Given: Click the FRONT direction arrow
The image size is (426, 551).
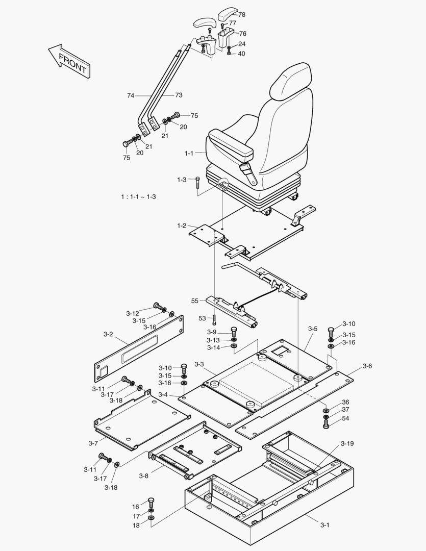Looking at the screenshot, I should pyautogui.click(x=69, y=61).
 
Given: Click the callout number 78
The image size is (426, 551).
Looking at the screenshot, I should pyautogui.click(x=241, y=15).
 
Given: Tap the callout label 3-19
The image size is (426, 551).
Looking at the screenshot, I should pyautogui.click(x=347, y=443).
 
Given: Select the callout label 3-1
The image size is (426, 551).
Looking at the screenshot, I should pyautogui.click(x=325, y=525).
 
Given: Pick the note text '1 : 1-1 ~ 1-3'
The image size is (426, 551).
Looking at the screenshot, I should pyautogui.click(x=138, y=197).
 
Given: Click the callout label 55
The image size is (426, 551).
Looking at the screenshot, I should pyautogui.click(x=195, y=301).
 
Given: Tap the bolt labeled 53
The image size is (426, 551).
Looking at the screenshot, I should pyautogui.click(x=215, y=320).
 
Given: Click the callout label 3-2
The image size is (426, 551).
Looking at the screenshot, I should pyautogui.click(x=108, y=334).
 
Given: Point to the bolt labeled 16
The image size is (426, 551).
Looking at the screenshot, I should pyautogui.click(x=151, y=501).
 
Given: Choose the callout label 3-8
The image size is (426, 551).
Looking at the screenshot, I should pyautogui.click(x=144, y=476).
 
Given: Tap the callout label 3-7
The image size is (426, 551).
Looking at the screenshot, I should pyautogui.click(x=93, y=443).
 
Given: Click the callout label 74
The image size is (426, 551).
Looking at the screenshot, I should pyautogui.click(x=131, y=95).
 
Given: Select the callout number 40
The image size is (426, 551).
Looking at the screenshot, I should pyautogui.click(x=241, y=54).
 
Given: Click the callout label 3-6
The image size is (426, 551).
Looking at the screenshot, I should pyautogui.click(x=367, y=366).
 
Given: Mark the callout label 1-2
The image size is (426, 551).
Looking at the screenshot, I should pyautogui.click(x=182, y=226).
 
